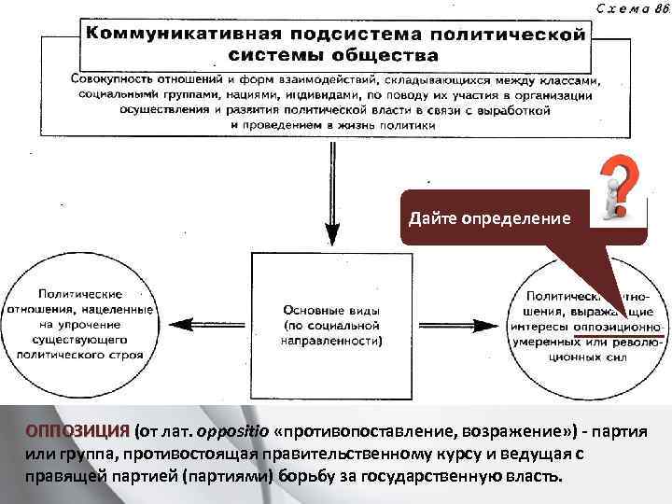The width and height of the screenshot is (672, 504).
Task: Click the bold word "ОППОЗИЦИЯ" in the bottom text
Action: point(77,432)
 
